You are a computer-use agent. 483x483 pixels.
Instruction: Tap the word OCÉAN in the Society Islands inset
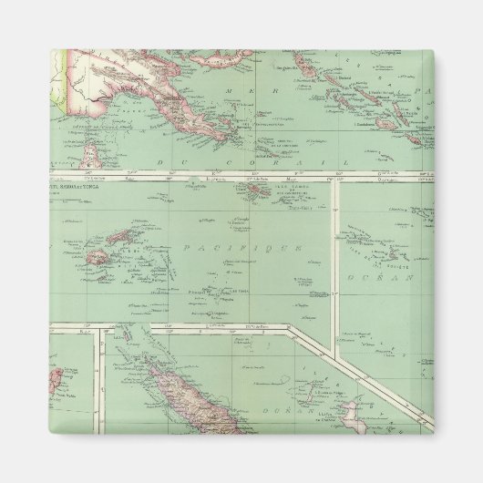(x=400, y=275)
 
